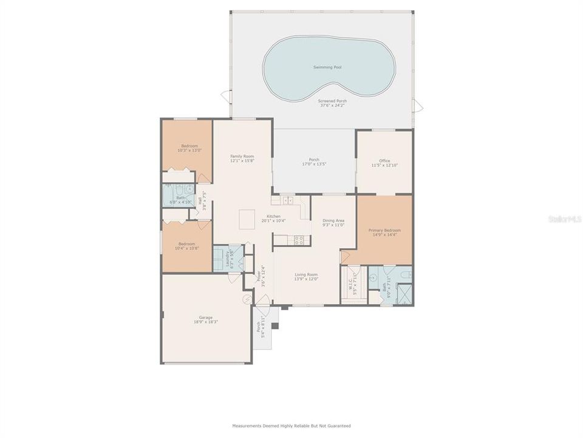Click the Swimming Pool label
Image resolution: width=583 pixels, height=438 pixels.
327,67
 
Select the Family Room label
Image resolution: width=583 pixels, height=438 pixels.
242,156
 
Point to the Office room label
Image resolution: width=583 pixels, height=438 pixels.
384,161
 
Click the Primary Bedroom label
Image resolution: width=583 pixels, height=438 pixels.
384,230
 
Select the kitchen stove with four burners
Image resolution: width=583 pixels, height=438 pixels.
298,239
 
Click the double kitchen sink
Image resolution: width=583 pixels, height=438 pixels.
287,200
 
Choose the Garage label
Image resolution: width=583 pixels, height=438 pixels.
205,317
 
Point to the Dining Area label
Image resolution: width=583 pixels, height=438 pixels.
333,220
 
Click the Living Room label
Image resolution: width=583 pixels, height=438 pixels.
306,274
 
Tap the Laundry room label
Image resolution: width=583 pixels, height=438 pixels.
229,260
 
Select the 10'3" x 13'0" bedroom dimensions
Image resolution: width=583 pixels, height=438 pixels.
189,150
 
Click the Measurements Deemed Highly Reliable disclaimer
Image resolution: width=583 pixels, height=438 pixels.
291,426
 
